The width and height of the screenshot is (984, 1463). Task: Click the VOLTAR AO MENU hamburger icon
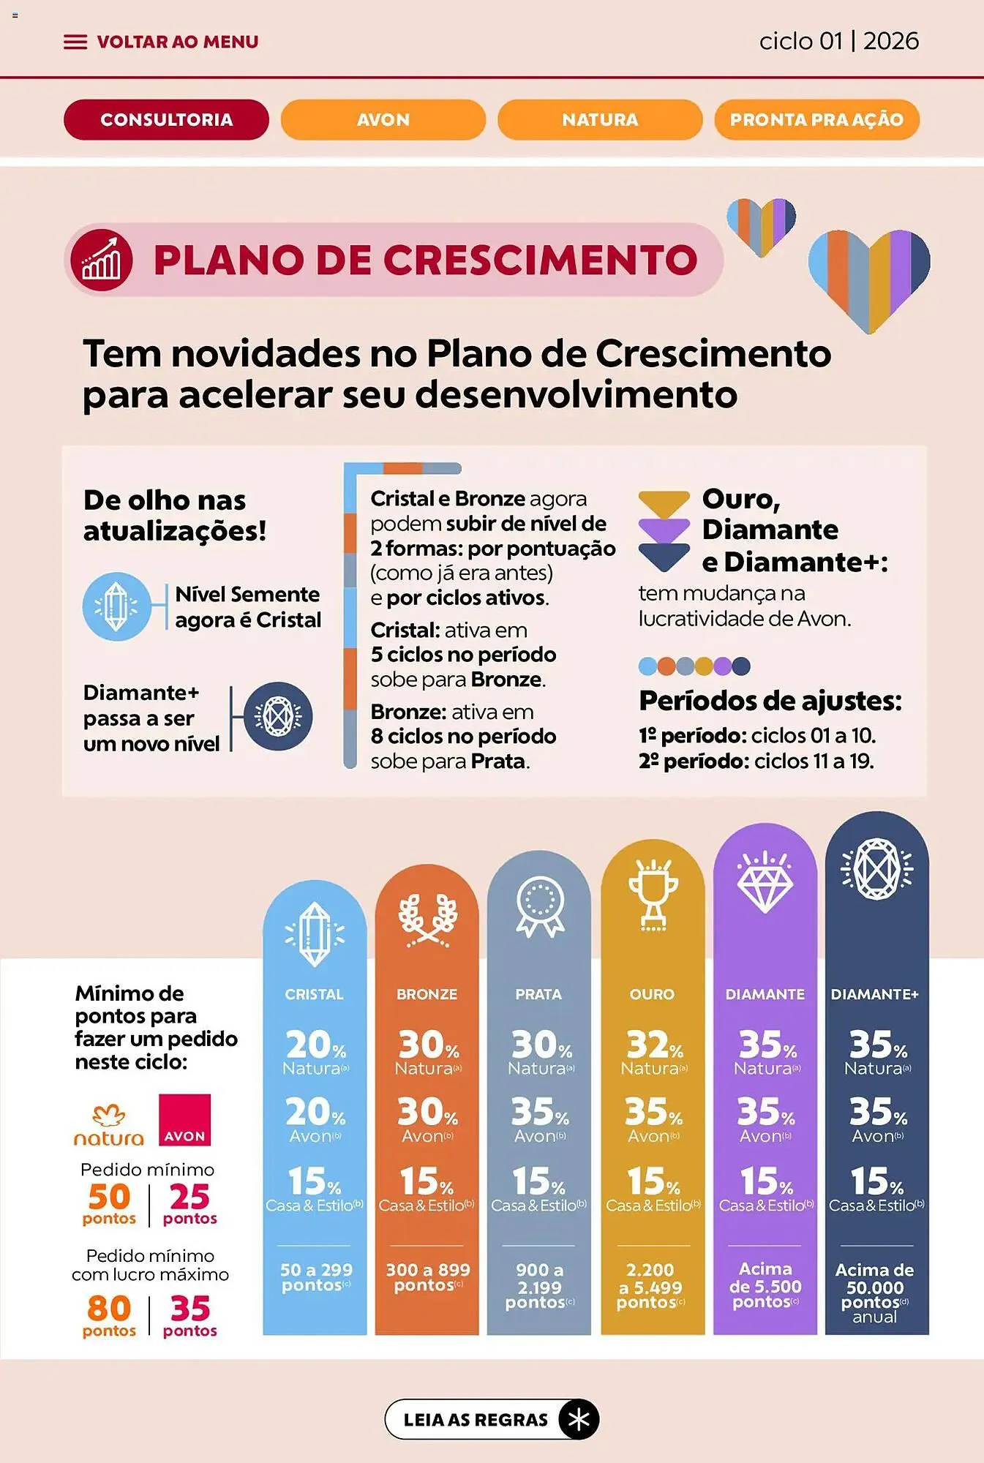pyautogui.click(x=75, y=42)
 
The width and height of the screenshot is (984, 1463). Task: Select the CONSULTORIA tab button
pyautogui.click(x=166, y=119)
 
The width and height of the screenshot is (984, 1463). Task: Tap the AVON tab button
pyautogui.click(x=383, y=119)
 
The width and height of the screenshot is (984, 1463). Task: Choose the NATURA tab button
pyautogui.click(x=600, y=119)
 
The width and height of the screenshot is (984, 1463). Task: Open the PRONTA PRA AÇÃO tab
pyautogui.click(x=816, y=119)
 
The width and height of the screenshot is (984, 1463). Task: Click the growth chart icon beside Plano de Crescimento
pyautogui.click(x=102, y=260)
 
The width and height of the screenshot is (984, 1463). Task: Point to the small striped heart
pyautogui.click(x=761, y=225)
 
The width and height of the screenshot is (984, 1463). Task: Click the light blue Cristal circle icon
pyautogui.click(x=116, y=606)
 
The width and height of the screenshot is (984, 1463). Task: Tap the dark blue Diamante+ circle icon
pyautogui.click(x=278, y=716)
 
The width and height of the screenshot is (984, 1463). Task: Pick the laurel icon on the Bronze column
pyautogui.click(x=427, y=919)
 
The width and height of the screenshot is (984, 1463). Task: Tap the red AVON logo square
pyautogui.click(x=184, y=1119)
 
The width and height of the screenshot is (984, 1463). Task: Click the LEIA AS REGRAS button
pyautogui.click(x=492, y=1420)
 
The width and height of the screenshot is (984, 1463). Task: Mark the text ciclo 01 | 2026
pyautogui.click(x=838, y=41)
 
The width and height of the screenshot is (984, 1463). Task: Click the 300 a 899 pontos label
pyautogui.click(x=428, y=1277)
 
